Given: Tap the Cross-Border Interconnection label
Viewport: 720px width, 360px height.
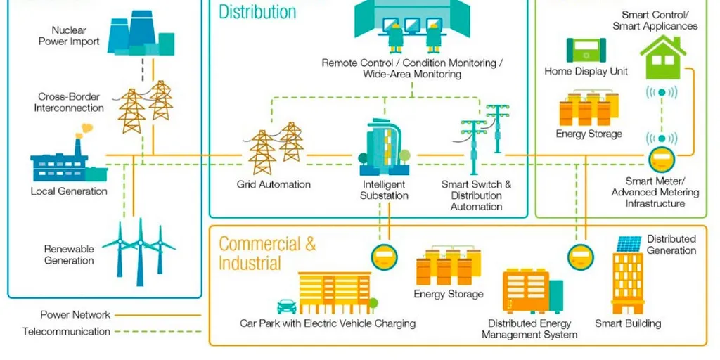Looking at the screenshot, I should point(70,103).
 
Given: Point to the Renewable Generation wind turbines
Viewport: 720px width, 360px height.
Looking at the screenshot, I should point(139,247).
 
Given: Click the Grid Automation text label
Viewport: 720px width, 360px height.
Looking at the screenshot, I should point(274,185).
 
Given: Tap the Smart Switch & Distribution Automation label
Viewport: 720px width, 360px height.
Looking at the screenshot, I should point(476,195).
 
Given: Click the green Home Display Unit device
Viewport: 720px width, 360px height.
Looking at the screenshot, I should point(586,51).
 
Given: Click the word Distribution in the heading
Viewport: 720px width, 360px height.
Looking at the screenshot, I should point(257,12).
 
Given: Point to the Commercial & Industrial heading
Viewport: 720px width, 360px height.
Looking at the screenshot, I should point(267,254).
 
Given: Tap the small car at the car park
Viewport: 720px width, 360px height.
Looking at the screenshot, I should point(287,306).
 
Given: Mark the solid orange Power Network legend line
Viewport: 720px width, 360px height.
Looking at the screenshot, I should point(157,315).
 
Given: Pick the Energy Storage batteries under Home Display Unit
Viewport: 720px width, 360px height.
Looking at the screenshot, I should point(589,108).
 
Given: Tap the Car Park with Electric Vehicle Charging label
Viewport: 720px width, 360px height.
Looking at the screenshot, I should point(328,324).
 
